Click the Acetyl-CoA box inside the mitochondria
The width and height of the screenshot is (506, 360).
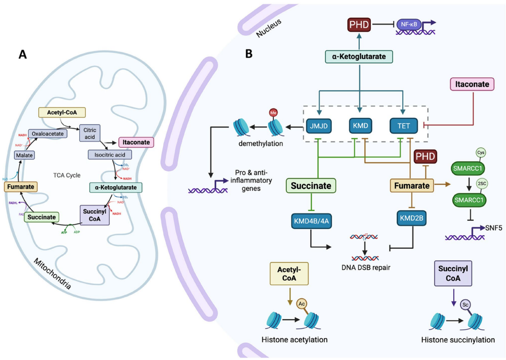62,112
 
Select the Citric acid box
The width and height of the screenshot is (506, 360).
89,133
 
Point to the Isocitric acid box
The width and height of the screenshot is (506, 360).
110,154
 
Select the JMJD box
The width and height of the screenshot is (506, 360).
318,125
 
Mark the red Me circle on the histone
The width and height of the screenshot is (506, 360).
272,112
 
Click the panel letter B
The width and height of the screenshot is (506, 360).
249,53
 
